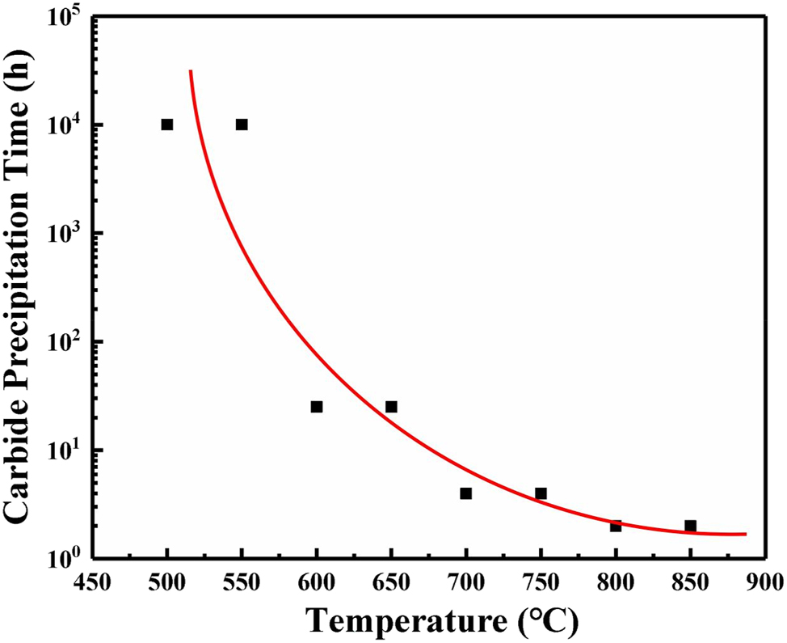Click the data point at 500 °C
167,125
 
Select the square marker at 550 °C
242,125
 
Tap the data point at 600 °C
317,407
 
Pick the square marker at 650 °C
391,407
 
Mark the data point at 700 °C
466,493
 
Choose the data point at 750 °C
541,493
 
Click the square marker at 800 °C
616,526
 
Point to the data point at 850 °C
690,526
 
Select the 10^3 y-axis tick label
65,235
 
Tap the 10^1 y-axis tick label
65,451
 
